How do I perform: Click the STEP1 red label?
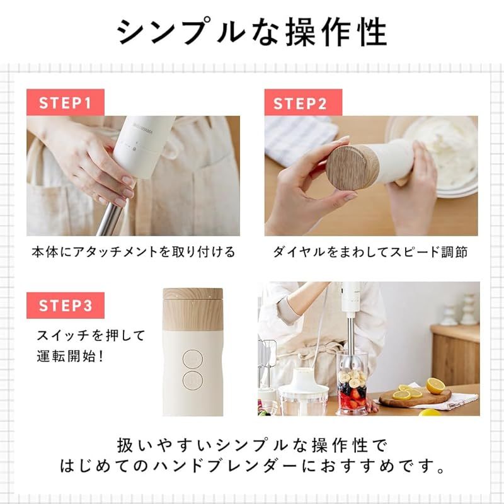[x=65, y=103]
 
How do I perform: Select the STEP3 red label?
[x=65, y=306]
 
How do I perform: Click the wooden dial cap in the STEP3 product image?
[x=193, y=311]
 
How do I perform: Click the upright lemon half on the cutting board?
[x=435, y=386]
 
